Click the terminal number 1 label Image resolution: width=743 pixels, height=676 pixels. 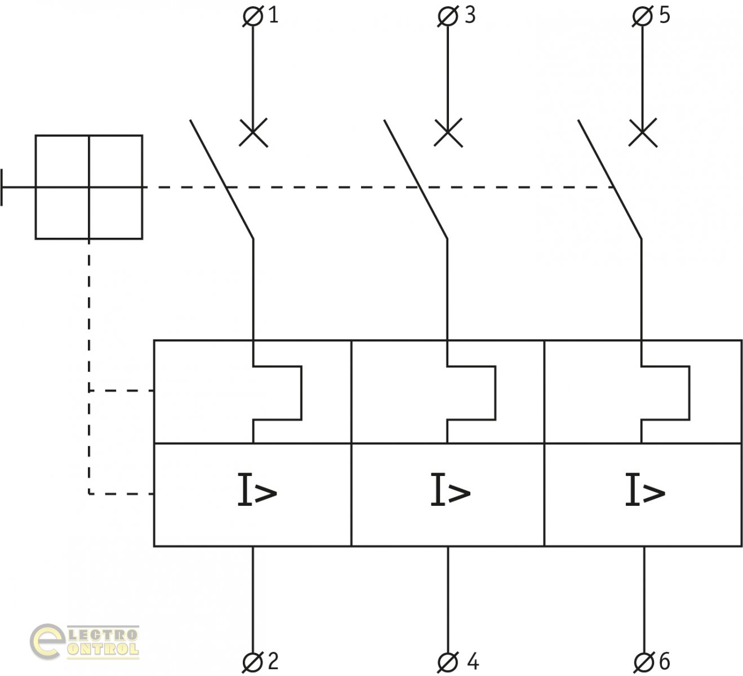[273, 15]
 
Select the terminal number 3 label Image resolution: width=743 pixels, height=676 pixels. [470, 15]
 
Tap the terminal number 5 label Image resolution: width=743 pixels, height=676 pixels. [665, 15]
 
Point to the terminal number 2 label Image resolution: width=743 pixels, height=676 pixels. [273, 661]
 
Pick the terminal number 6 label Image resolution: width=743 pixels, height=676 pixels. [664, 661]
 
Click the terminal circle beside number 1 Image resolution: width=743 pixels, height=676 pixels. [252, 17]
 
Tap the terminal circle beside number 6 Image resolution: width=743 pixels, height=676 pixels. [643, 662]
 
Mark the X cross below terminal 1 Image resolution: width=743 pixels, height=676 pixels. [253, 133]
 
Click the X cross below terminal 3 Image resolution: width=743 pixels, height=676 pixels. [448, 133]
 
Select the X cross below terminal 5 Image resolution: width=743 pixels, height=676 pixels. [643, 133]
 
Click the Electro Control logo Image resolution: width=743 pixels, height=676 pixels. [85, 642]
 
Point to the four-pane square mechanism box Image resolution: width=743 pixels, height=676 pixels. [89, 187]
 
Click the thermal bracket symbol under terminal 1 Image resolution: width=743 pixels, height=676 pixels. [277, 393]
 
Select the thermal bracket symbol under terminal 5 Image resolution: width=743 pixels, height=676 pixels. [665, 393]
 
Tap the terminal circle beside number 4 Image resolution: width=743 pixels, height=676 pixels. [448, 662]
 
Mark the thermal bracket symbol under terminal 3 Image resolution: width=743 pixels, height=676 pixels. [471, 393]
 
